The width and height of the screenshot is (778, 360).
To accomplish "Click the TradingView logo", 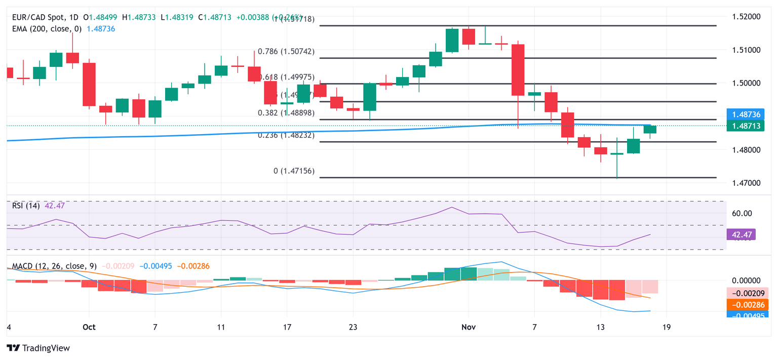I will coord(38,348).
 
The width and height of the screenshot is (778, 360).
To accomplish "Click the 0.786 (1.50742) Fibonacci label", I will coord(286,51).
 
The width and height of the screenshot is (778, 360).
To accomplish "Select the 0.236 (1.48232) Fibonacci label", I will coord(286,135).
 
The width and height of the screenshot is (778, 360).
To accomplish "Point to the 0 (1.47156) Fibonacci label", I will coord(294,171).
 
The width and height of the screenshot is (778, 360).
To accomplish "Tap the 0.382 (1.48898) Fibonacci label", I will coord(286,113).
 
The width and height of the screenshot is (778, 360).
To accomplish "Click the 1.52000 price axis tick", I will coord(746,17).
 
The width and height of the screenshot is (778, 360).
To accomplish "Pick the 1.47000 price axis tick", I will coord(746,183).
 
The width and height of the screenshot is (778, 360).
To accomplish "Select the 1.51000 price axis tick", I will coord(746,50).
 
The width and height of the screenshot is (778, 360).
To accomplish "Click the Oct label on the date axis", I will coord(89,327).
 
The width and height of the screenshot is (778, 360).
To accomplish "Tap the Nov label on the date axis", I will coord(469,327).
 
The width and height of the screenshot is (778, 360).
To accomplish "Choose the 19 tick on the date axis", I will coord(667,327).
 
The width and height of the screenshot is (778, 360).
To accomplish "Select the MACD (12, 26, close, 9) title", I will coord(55,266).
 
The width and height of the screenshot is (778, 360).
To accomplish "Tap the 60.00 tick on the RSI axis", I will coord(743,213).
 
